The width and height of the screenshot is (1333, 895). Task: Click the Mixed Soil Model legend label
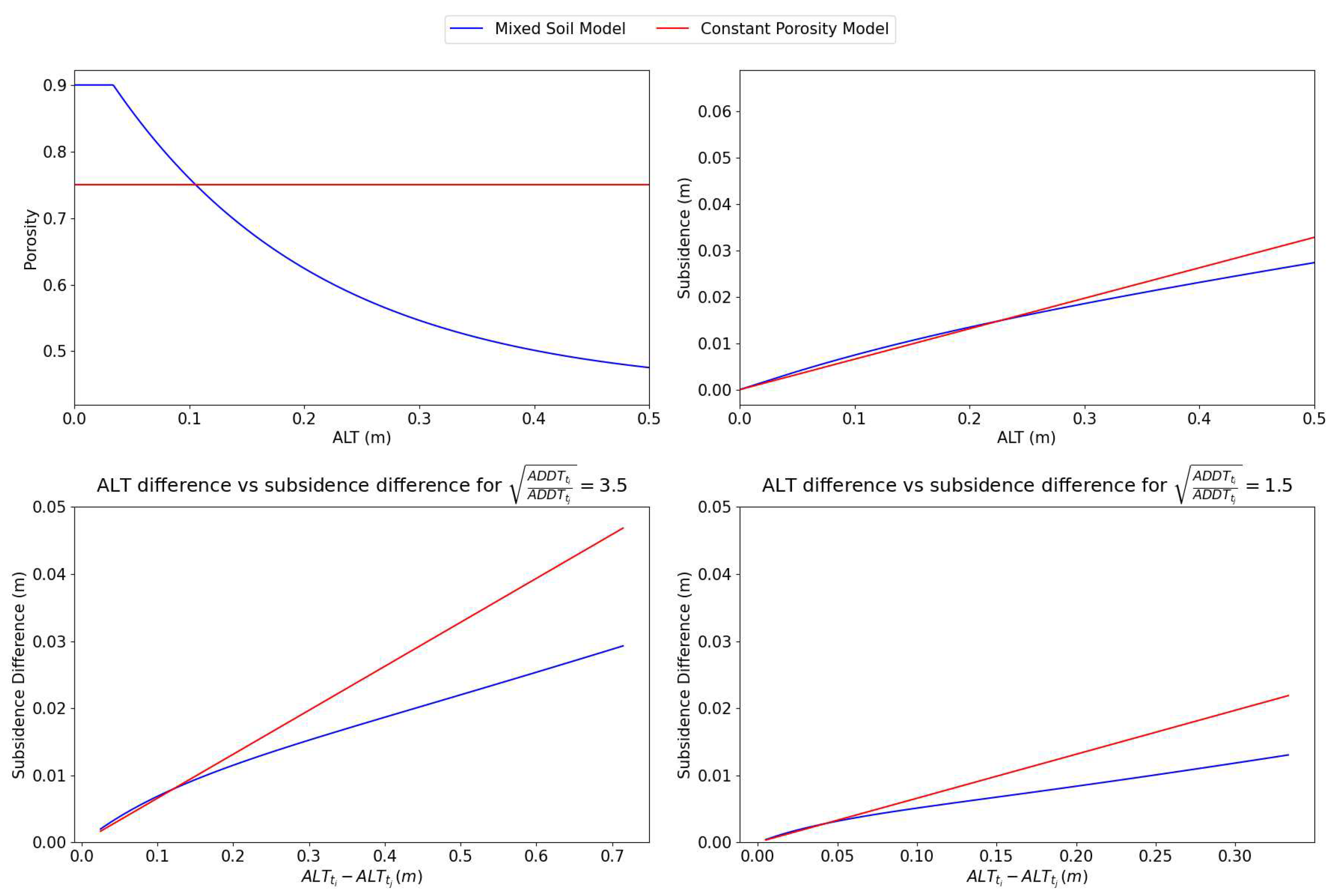560,29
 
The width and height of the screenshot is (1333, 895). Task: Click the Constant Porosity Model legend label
794,29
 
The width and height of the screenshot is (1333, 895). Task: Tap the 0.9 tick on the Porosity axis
55,85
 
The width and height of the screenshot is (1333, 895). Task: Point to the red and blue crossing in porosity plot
195,184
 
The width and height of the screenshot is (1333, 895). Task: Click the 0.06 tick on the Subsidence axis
714,111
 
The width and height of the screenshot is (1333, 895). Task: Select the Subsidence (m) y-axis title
684,238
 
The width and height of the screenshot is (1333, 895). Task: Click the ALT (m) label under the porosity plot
362,437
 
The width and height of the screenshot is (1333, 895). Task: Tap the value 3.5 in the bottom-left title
613,485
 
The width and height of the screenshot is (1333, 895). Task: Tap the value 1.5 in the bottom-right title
1278,485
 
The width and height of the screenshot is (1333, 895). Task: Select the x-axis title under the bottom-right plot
1027,877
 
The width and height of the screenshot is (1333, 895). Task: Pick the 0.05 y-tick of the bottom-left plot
49,507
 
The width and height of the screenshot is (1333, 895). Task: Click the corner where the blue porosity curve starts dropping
114,85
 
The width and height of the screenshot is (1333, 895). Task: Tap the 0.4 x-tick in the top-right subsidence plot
1199,419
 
